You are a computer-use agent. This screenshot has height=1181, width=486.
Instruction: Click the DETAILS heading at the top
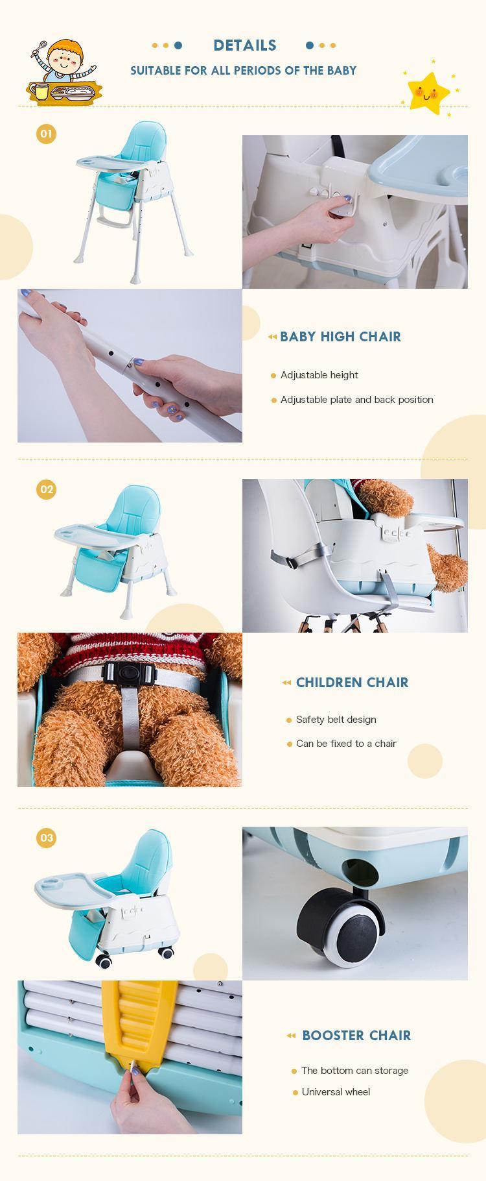pyautogui.click(x=244, y=45)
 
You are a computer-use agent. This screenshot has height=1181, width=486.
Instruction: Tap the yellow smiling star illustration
pyautogui.click(x=428, y=91)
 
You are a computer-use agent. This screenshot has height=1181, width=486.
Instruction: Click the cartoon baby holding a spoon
pyautogui.click(x=62, y=71)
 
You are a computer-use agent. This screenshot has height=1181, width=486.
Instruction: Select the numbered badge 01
pyautogui.click(x=46, y=134)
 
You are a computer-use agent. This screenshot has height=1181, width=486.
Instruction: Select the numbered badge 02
pyautogui.click(x=46, y=489)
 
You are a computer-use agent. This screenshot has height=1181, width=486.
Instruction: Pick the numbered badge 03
pyautogui.click(x=46, y=838)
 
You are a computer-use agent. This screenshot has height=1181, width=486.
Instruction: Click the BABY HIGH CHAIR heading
pyautogui.click(x=340, y=337)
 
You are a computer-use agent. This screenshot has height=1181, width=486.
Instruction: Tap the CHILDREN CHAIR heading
pyautogui.click(x=352, y=683)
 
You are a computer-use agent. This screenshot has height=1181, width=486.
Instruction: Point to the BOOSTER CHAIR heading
pyautogui.click(x=356, y=1036)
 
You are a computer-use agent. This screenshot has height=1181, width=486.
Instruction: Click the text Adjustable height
pyautogui.click(x=319, y=375)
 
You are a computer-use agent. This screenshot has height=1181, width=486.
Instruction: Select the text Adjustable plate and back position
pyautogui.click(x=356, y=400)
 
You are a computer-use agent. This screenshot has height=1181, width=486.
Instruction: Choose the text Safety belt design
pyautogui.click(x=336, y=720)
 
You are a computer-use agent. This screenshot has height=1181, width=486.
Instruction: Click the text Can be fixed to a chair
pyautogui.click(x=346, y=744)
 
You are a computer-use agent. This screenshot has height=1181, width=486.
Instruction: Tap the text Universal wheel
pyautogui.click(x=336, y=1092)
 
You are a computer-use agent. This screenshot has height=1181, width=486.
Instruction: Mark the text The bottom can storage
pyautogui.click(x=354, y=1071)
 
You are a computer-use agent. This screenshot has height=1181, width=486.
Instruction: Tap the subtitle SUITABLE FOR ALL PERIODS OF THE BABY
pyautogui.click(x=243, y=71)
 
